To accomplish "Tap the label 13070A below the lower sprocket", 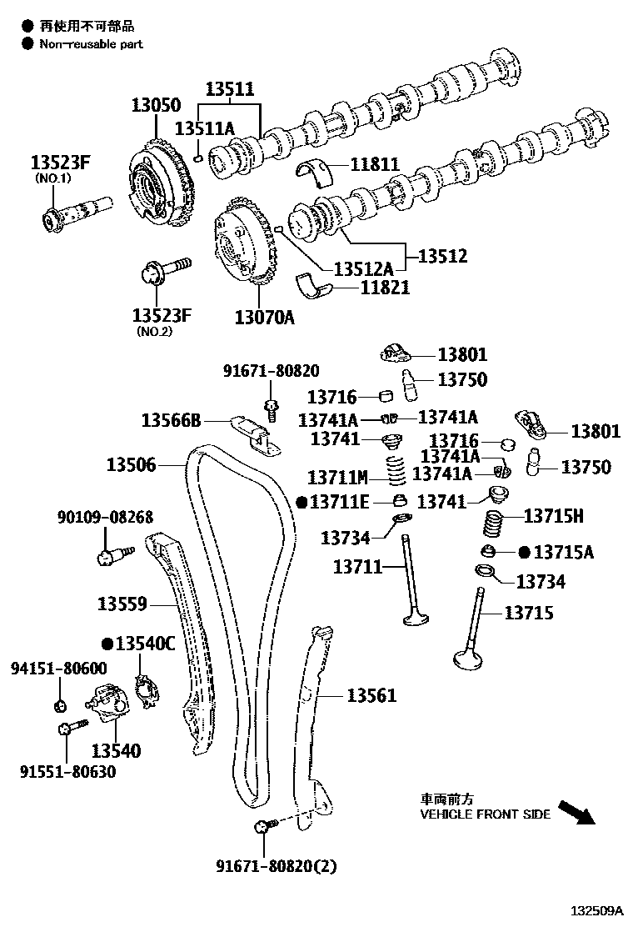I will click(264, 317).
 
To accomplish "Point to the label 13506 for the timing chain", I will click(131, 464).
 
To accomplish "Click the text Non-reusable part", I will click(91, 43).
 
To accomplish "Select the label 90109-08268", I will click(105, 518).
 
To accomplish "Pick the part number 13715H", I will click(553, 517).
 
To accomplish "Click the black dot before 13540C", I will click(107, 643).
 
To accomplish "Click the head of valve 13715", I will click(470, 659).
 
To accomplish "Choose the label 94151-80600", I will click(59, 668).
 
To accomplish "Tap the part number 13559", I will click(122, 604).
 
